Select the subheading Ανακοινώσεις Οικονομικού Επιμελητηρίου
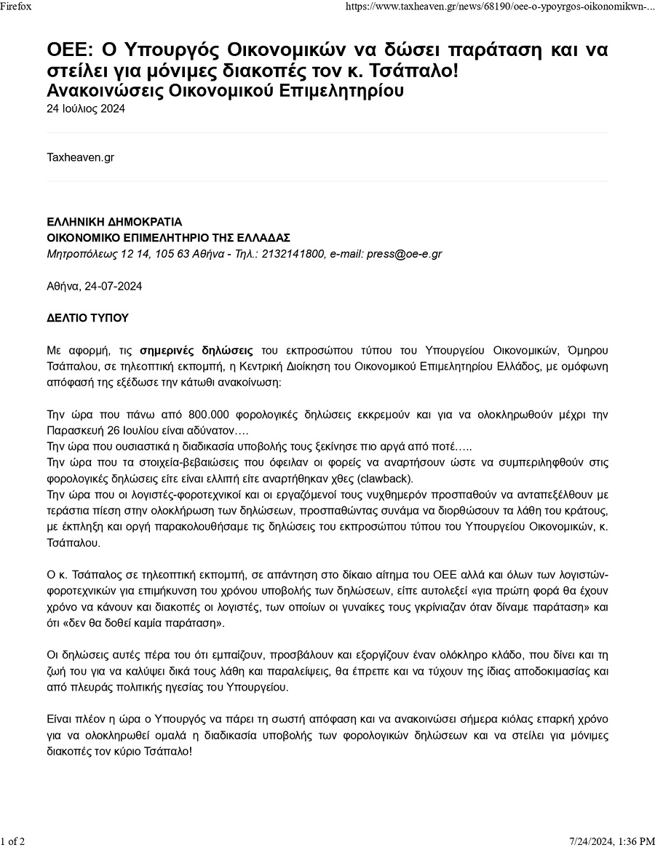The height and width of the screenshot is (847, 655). click(225, 91)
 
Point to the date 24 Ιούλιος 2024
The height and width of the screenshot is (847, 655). click(86, 109)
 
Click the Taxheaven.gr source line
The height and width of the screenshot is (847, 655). click(80, 157)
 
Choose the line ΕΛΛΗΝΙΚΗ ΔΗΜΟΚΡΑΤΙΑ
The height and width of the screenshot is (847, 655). click(114, 222)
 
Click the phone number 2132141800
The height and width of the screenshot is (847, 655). click(293, 254)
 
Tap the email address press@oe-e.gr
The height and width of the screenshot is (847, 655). click(404, 254)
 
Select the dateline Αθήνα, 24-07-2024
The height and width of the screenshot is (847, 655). click(95, 286)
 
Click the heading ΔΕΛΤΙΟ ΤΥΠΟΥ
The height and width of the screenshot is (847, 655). click(87, 318)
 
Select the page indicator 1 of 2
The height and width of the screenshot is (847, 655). click(13, 841)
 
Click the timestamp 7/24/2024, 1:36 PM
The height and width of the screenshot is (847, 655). click(613, 841)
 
